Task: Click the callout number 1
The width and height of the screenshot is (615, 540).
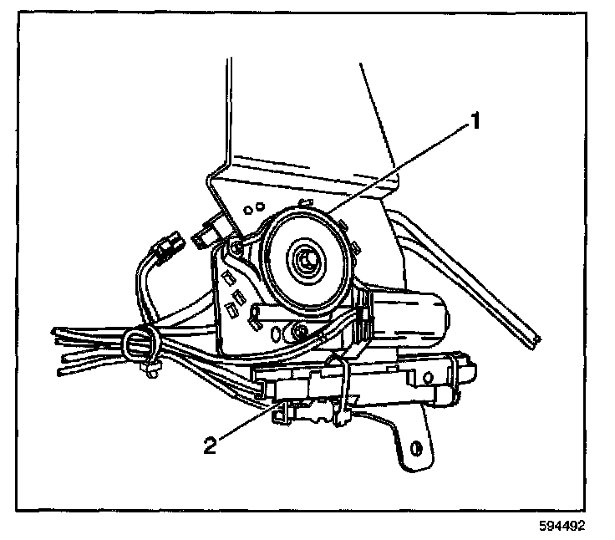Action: [474, 122]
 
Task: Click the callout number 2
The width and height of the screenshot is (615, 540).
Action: [211, 444]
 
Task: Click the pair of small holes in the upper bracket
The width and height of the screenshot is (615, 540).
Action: [257, 206]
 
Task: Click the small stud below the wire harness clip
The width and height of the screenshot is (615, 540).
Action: [150, 374]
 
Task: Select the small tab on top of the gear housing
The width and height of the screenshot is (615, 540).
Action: [306, 202]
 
